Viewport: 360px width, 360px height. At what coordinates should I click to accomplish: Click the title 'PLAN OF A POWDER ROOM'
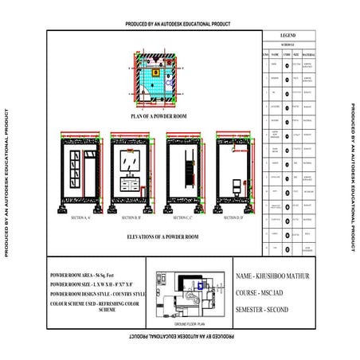pyautogui.click(x=156, y=116)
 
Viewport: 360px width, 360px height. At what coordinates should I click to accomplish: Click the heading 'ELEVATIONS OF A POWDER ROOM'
pyautogui.click(x=156, y=237)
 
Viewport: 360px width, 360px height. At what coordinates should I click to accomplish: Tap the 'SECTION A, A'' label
pyautogui.click(x=81, y=217)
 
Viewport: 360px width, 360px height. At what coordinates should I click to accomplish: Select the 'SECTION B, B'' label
pyautogui.click(x=130, y=217)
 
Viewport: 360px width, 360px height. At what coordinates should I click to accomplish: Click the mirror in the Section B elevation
pyautogui.click(x=130, y=162)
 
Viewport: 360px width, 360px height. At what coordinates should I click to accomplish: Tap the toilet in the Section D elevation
pyautogui.click(x=236, y=187)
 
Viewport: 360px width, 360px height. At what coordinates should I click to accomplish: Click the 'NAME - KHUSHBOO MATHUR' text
pyautogui.click(x=276, y=276)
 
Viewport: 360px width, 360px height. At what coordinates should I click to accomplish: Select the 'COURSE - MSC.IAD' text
pyautogui.click(x=266, y=292)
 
